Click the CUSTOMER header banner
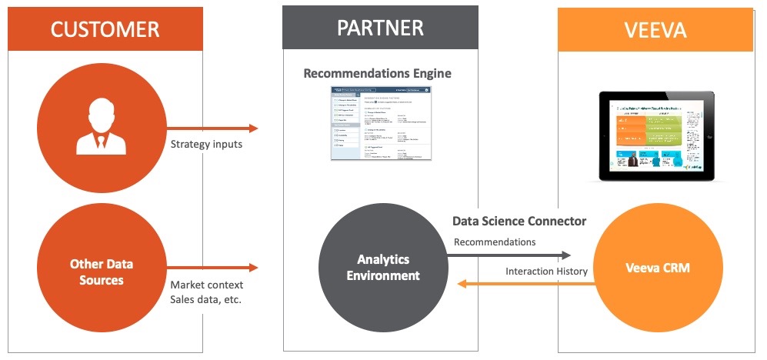pyautogui.click(x=105, y=29)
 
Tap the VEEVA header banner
pyautogui.click(x=655, y=29)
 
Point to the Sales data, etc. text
pyautogui.click(x=205, y=298)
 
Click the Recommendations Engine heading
pyautogui.click(x=377, y=74)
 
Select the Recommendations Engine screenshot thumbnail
pyautogui.click(x=381, y=123)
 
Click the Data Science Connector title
pyautogui.click(x=519, y=222)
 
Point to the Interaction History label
pyautogui.click(x=545, y=271)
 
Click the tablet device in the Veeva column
pyautogui.click(x=656, y=135)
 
